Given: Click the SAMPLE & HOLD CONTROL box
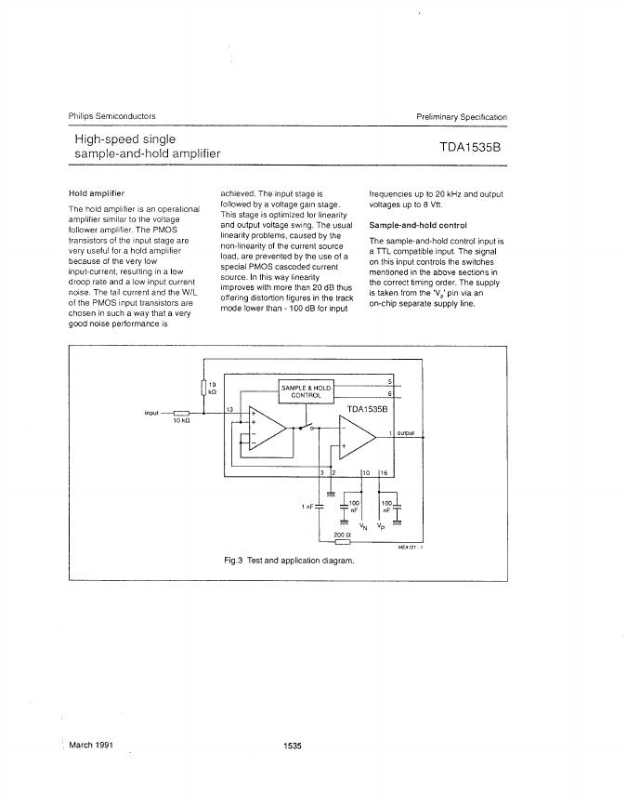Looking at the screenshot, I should point(307,390).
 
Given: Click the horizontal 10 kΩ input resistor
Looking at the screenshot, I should point(181,413).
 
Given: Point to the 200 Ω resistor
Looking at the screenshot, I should point(341,544).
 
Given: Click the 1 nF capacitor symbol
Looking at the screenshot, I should point(320,508).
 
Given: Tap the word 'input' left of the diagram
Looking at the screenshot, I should point(152,413).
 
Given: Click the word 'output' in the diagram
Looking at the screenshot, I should point(406,433).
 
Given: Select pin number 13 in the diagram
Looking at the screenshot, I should point(229,408).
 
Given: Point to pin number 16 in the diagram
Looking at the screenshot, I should point(384,473).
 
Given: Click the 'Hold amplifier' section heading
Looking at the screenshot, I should point(97,193).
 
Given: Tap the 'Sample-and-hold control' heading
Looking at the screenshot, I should point(418,225).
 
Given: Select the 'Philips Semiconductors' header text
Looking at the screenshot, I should point(112,116).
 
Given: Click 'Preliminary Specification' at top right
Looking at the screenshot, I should point(461,117).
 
